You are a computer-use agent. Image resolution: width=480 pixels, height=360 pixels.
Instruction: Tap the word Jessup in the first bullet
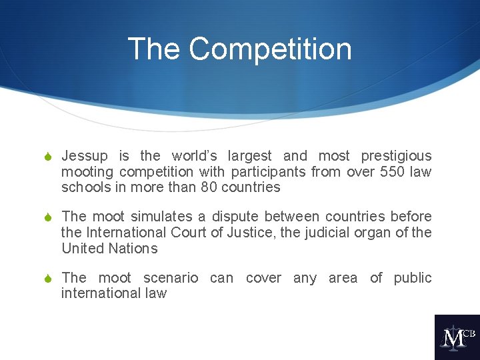click(84, 156)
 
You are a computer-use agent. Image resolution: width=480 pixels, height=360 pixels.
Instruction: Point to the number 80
click(209, 187)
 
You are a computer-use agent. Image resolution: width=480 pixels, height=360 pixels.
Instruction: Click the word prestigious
click(396, 156)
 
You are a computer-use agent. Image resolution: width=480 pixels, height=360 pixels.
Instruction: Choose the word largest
click(249, 156)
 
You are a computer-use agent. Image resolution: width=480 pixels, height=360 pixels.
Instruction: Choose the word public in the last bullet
click(413, 277)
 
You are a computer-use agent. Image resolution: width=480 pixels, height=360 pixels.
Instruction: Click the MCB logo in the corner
click(457, 337)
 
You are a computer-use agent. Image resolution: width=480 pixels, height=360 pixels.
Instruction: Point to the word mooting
click(87, 172)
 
